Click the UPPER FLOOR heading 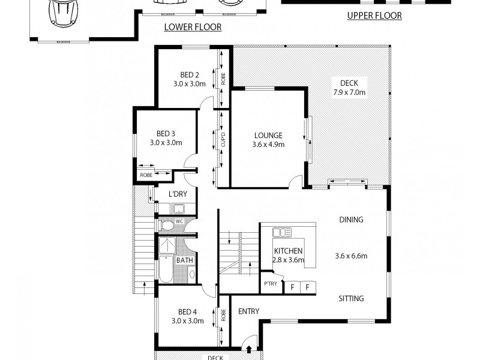coord(374,16)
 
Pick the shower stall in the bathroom coord(167,245)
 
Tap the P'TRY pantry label coord(269,284)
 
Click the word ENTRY coord(248,311)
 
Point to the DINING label coord(351,220)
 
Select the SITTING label coord(351,298)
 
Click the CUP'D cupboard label coord(222,139)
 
